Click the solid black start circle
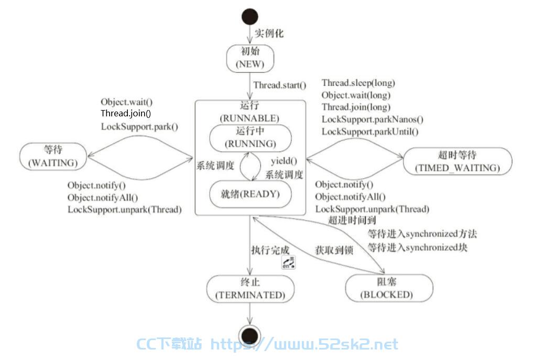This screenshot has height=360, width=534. [249, 17]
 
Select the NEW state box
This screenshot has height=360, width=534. [250, 58]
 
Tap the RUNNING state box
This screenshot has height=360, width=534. [250, 138]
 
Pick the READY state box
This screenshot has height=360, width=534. [250, 194]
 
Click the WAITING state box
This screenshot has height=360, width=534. [53, 156]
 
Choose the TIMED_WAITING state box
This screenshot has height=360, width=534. [457, 161]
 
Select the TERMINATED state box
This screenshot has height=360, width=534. [250, 289]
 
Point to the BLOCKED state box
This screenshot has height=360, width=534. [389, 288]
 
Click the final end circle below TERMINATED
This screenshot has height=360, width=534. [249, 335]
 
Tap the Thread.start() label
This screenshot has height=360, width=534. [280, 85]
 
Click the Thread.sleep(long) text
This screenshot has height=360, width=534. [358, 83]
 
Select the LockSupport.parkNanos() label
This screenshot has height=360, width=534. [373, 119]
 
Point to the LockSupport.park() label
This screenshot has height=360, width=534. [139, 126]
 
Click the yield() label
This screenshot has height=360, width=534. [284, 161]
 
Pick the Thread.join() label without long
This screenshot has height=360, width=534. [126, 113]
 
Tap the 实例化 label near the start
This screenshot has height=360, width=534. [269, 33]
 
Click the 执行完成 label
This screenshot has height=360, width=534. [270, 250]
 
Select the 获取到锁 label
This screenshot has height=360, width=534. [334, 250]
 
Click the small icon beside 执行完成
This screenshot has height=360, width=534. [288, 262]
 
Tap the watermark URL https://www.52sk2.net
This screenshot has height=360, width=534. [304, 344]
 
